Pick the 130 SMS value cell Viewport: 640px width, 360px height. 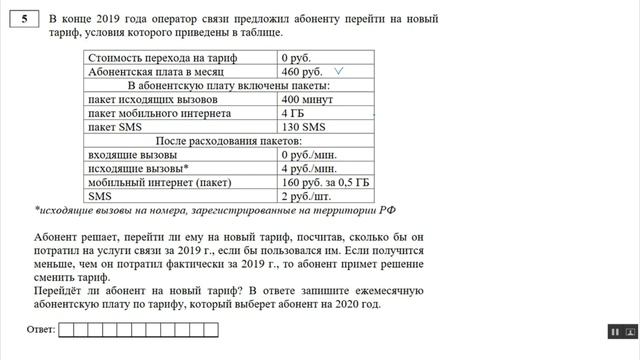pyautogui.click(x=304, y=127)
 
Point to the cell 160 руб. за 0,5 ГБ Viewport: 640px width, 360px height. pyautogui.click(x=326, y=183)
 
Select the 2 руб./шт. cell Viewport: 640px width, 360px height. pyautogui.click(x=309, y=197)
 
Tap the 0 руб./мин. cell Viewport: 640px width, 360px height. pyautogui.click(x=311, y=155)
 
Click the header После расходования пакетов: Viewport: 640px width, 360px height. pyautogui.click(x=229, y=141)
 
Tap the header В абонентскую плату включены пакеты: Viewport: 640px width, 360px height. pyautogui.click(x=229, y=86)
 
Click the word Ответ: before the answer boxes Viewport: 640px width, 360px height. pyautogui.click(x=39, y=329)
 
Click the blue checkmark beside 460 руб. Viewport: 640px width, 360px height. pyautogui.click(x=341, y=72)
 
